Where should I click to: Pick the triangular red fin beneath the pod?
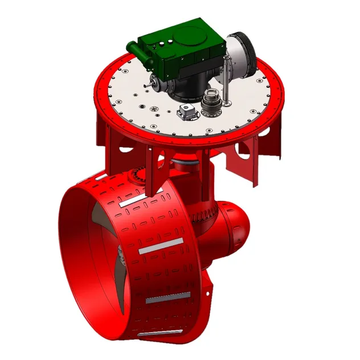202,291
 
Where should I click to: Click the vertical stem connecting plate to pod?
185,171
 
